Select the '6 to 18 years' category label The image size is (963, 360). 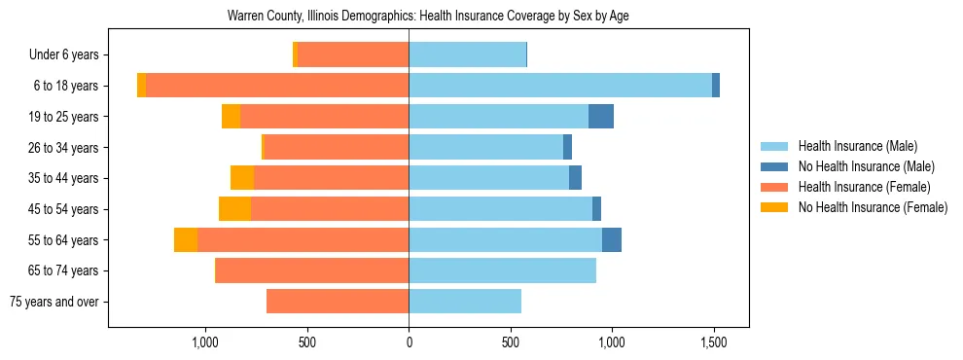click(65, 86)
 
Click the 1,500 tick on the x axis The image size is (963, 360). click(714, 342)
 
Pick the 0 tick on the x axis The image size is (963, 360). click(409, 342)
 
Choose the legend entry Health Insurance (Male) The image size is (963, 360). click(856, 146)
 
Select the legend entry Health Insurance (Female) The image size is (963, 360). click(863, 187)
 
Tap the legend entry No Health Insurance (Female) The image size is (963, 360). click(872, 207)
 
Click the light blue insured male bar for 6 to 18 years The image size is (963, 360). click(559, 86)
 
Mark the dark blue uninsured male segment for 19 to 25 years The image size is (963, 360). click(601, 117)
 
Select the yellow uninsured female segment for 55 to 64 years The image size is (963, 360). click(186, 240)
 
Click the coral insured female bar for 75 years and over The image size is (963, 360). click(338, 302)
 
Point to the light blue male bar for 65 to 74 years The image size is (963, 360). click(502, 270)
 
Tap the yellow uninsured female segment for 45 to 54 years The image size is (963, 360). click(234, 209)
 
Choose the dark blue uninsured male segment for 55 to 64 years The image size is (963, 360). click(612, 240)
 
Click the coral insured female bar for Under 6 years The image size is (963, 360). click(353, 54)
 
